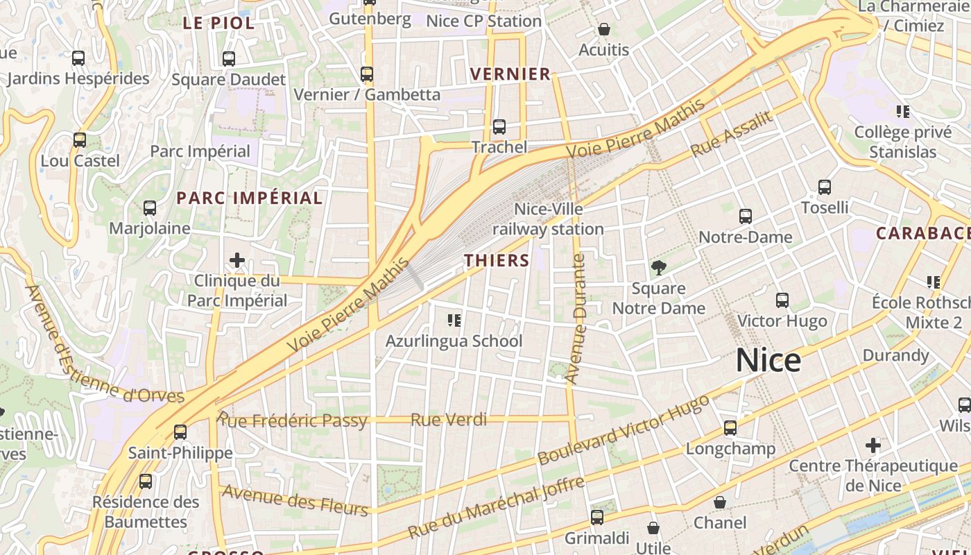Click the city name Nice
pyautogui.click(x=768, y=361)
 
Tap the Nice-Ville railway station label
pyautogui.click(x=548, y=219)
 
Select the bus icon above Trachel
pyautogui.click(x=499, y=127)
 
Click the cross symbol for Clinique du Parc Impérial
pyautogui.click(x=237, y=260)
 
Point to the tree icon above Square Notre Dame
pyautogui.click(x=658, y=267)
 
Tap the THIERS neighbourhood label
pyautogui.click(x=497, y=261)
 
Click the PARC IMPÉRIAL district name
pyautogui.click(x=250, y=198)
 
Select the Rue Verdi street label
pyautogui.click(x=449, y=420)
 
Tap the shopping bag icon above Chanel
pyautogui.click(x=720, y=502)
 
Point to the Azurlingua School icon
pyautogui.click(x=454, y=320)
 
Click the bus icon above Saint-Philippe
pyautogui.click(x=180, y=432)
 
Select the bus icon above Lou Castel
pyautogui.click(x=80, y=139)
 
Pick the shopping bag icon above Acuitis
pyautogui.click(x=604, y=29)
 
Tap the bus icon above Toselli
pyautogui.click(x=824, y=187)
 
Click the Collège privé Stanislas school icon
pyautogui.click(x=902, y=111)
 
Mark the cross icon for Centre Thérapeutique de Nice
pyautogui.click(x=873, y=445)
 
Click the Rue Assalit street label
pyautogui.click(x=732, y=134)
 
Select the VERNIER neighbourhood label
pyautogui.click(x=510, y=74)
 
